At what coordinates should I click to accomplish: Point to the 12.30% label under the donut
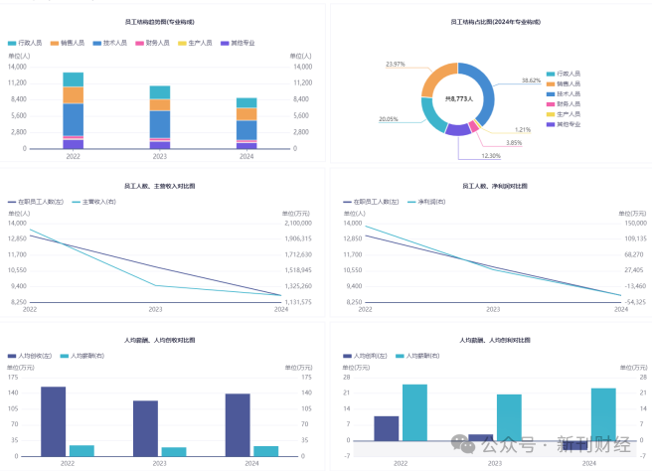click(x=491, y=156)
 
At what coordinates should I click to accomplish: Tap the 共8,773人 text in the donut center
click(x=457, y=99)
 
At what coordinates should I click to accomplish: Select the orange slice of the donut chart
click(x=438, y=75)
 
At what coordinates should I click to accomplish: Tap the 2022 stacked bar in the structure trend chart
click(x=74, y=110)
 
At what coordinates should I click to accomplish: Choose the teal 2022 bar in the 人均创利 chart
click(x=415, y=411)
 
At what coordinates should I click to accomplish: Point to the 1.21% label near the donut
click(x=522, y=130)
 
